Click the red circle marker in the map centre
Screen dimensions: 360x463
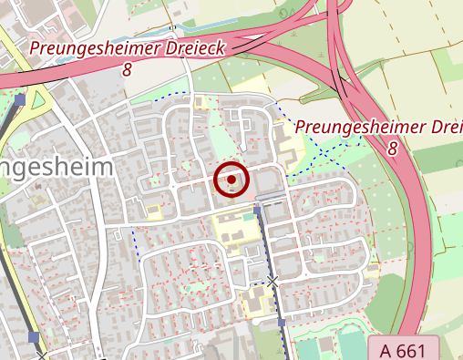pyautogui.click(x=231, y=180)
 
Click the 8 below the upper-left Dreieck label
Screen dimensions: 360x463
pyautogui.click(x=125, y=69)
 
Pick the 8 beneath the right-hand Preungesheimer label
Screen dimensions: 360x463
pyautogui.click(x=392, y=148)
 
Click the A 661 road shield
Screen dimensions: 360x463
pyautogui.click(x=405, y=348)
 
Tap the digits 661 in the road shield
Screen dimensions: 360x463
pyautogui.click(x=414, y=348)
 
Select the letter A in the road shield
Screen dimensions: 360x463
pyautogui.click(x=386, y=348)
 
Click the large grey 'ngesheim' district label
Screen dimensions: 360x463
pyautogui.click(x=55, y=168)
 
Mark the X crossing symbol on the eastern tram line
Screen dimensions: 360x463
pyautogui.click(x=273, y=282)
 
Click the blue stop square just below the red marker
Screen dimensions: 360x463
pyautogui.click(x=257, y=210)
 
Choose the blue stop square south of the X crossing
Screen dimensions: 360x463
pyautogui.click(x=282, y=323)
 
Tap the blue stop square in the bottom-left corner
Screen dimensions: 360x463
pyautogui.click(x=34, y=337)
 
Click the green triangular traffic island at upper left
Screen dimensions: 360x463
pyautogui.click(x=38, y=99)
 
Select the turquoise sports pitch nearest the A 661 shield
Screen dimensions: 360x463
pyautogui.click(x=351, y=347)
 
